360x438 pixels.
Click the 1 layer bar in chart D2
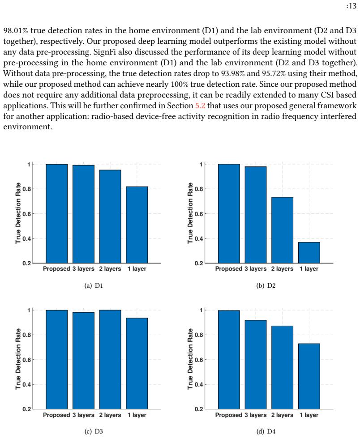coord(309,252)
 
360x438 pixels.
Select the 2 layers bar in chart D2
coord(282,230)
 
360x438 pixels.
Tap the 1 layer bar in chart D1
coord(137,225)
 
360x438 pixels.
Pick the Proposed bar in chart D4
coord(229,360)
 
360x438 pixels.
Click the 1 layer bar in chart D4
coord(309,376)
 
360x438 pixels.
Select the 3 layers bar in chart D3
coord(84,361)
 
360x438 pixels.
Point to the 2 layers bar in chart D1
coord(110,217)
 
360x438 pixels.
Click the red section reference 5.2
coord(200,106)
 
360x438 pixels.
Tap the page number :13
coord(351,6)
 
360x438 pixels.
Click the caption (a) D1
coord(94,285)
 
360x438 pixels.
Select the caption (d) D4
coord(266,431)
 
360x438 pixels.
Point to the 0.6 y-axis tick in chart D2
coord(199,214)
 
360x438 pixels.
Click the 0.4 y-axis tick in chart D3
coord(26,384)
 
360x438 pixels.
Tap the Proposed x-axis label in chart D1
coord(56,269)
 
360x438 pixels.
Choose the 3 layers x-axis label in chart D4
coord(256,415)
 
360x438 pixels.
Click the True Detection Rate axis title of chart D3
coord(18,359)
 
